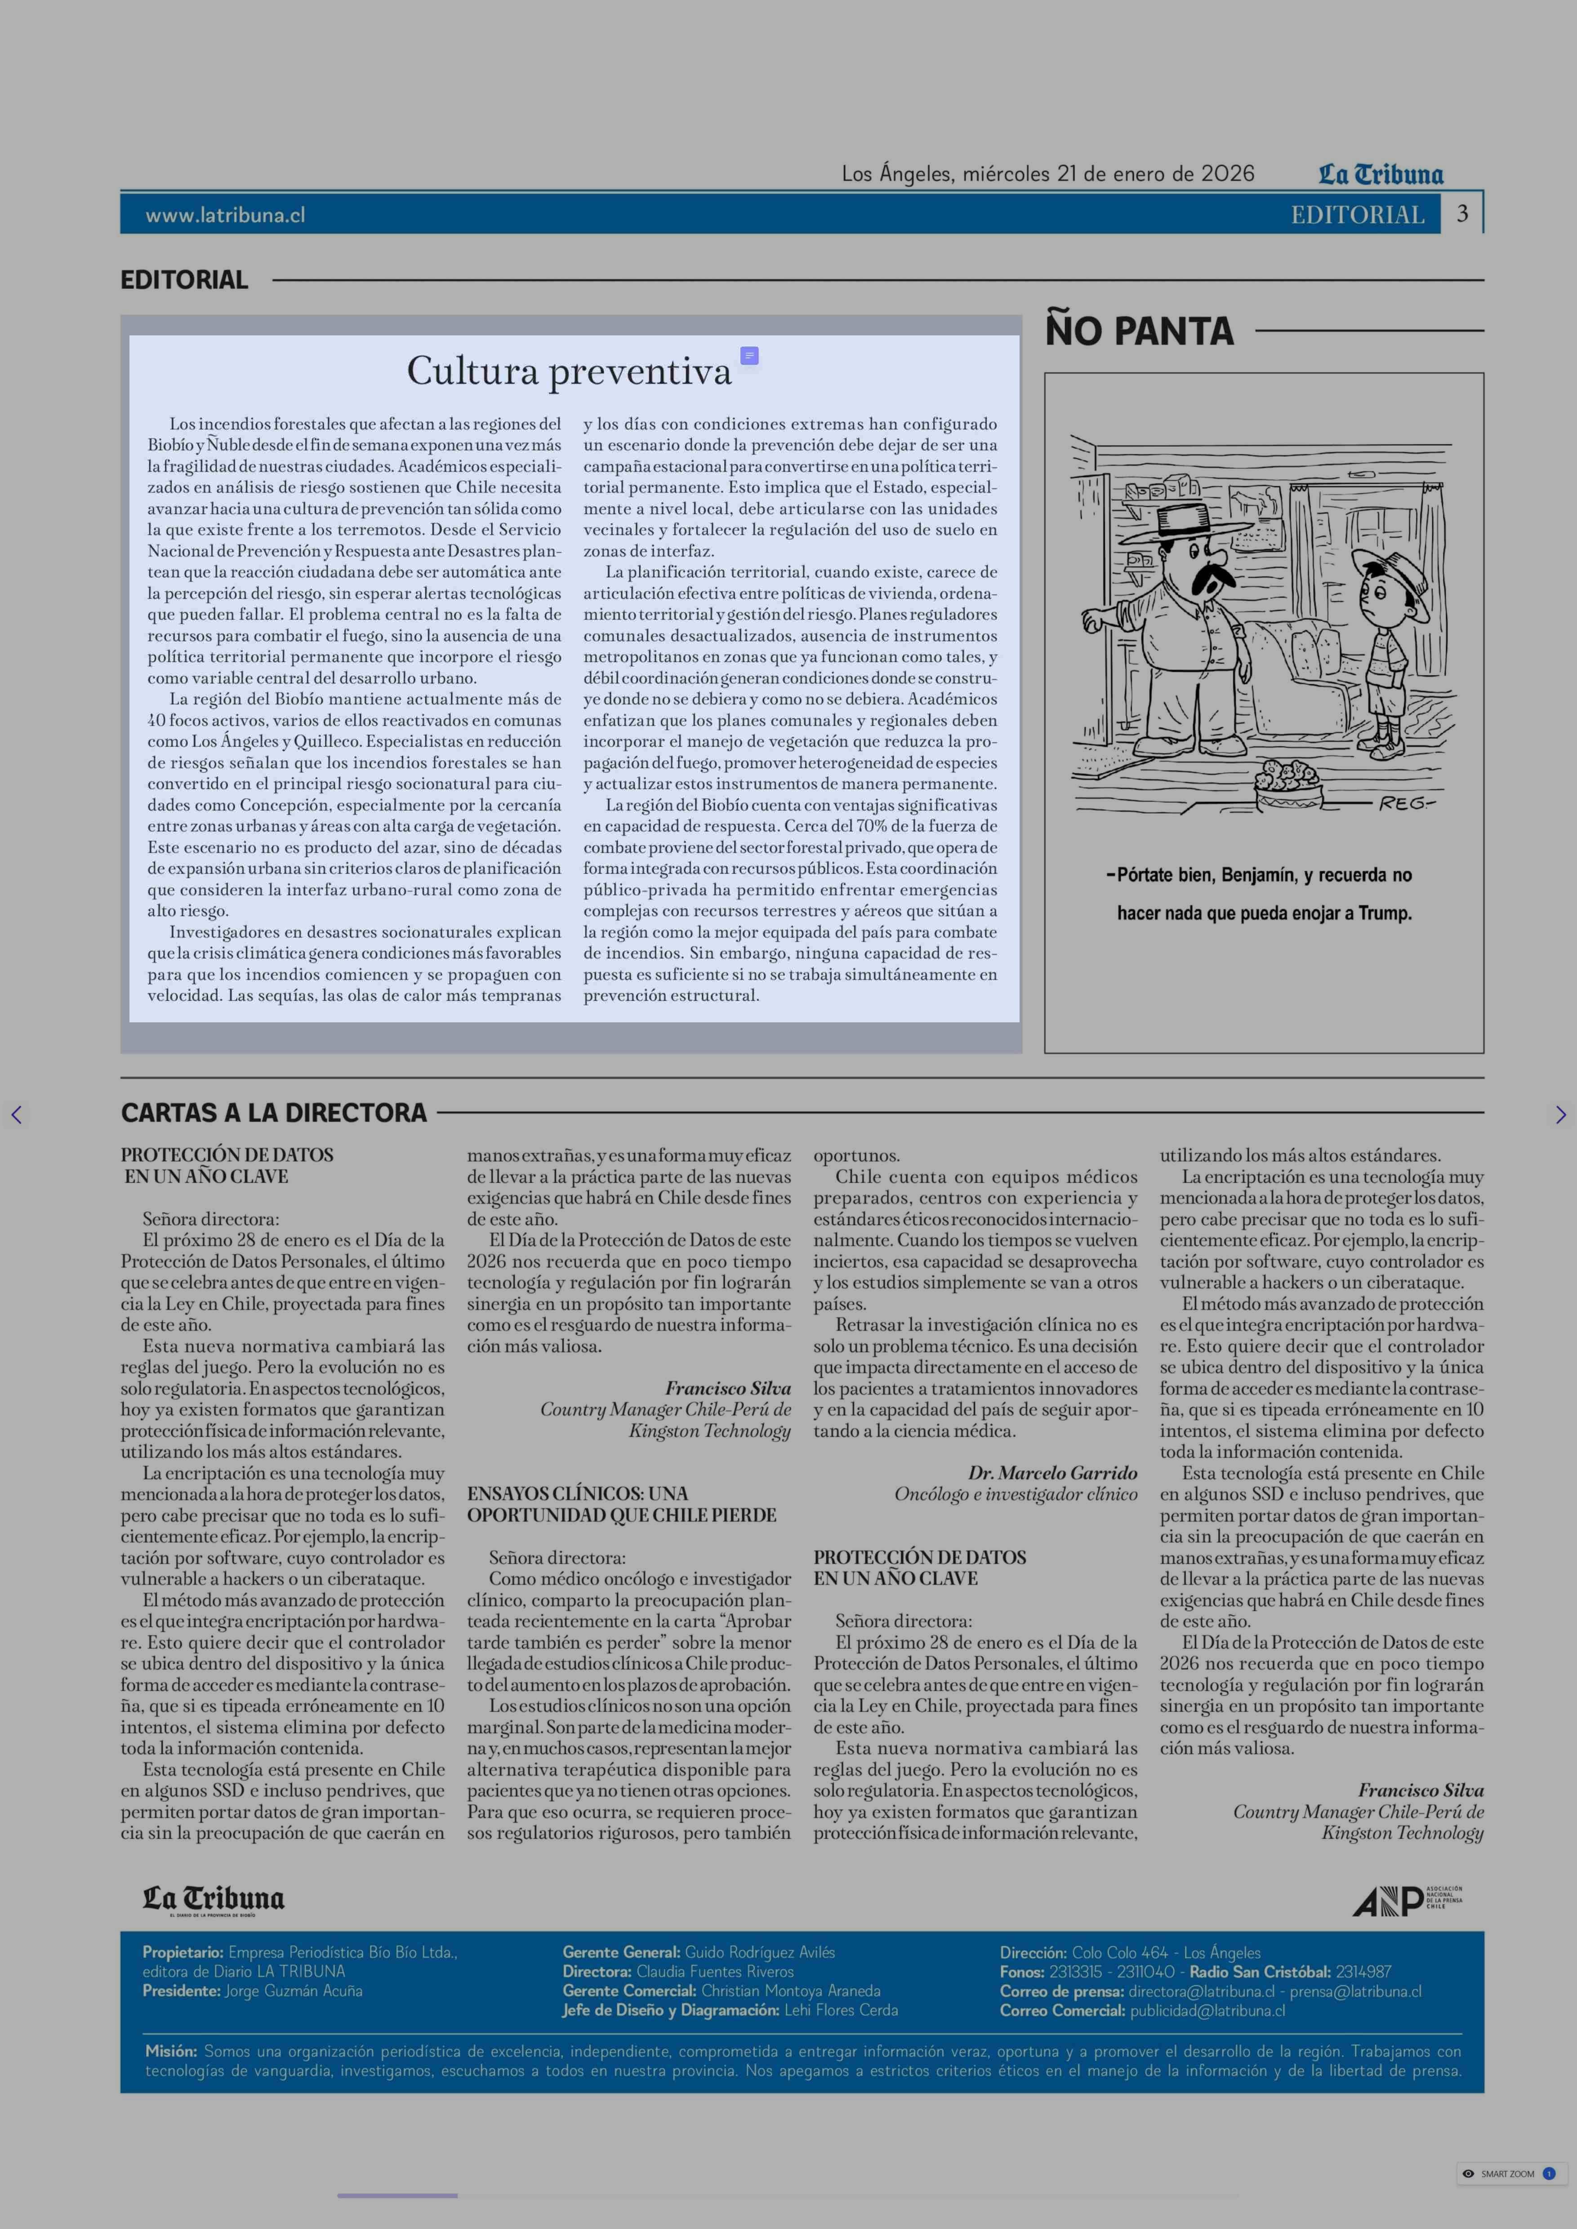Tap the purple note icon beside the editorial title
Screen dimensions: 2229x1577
(748, 357)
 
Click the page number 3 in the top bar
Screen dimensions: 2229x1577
(1461, 214)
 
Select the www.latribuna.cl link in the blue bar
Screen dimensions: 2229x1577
(225, 214)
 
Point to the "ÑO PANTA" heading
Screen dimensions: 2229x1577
(1139, 331)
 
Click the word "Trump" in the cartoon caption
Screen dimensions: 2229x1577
(1385, 913)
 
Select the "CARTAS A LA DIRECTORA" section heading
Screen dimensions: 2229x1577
(274, 1113)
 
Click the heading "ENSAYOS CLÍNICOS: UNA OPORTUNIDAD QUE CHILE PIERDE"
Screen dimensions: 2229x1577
(621, 1504)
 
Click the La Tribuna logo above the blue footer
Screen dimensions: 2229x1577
(214, 1900)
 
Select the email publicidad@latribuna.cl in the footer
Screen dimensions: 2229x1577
(1207, 2011)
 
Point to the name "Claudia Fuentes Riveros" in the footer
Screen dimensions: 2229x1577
(715, 1972)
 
